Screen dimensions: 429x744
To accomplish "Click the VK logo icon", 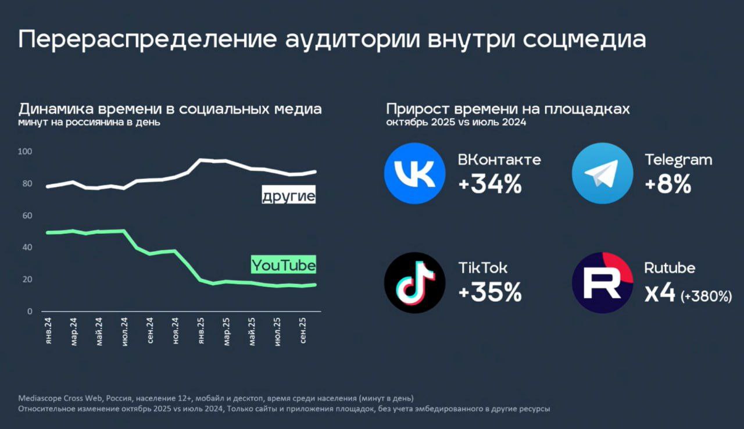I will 414,173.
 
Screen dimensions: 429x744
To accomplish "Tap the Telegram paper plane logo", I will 602,173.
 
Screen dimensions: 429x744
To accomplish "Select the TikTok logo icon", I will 414,283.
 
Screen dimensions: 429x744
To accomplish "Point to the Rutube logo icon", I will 602,283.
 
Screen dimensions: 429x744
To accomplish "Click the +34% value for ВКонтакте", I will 490,184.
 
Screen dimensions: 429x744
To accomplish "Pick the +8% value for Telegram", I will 668,184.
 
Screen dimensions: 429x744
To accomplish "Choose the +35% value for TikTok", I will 490,293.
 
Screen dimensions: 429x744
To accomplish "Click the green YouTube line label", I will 284,265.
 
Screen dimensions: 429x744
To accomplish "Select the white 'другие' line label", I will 288,196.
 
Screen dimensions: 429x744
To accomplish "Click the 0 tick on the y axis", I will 30,312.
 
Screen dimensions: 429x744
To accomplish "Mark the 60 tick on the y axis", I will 27,216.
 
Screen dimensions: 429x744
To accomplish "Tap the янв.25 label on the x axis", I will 201,333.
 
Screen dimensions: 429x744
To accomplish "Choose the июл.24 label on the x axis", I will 125,333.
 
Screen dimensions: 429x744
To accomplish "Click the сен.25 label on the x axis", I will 302,333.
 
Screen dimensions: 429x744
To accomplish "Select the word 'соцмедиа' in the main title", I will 584,40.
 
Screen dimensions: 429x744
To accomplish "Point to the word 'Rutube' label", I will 670,268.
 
